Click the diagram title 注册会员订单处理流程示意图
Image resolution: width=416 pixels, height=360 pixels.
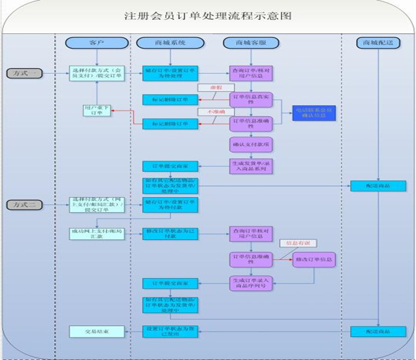[x=207, y=16]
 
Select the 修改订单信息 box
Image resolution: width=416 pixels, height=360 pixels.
[x=314, y=259]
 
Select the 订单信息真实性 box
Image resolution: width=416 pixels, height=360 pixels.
[x=251, y=99]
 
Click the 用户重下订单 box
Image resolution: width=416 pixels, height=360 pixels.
[x=97, y=110]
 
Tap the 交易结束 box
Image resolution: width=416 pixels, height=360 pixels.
[x=97, y=331]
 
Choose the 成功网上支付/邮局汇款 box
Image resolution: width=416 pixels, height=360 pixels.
[x=97, y=233]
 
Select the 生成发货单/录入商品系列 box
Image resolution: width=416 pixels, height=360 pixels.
[x=251, y=166]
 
